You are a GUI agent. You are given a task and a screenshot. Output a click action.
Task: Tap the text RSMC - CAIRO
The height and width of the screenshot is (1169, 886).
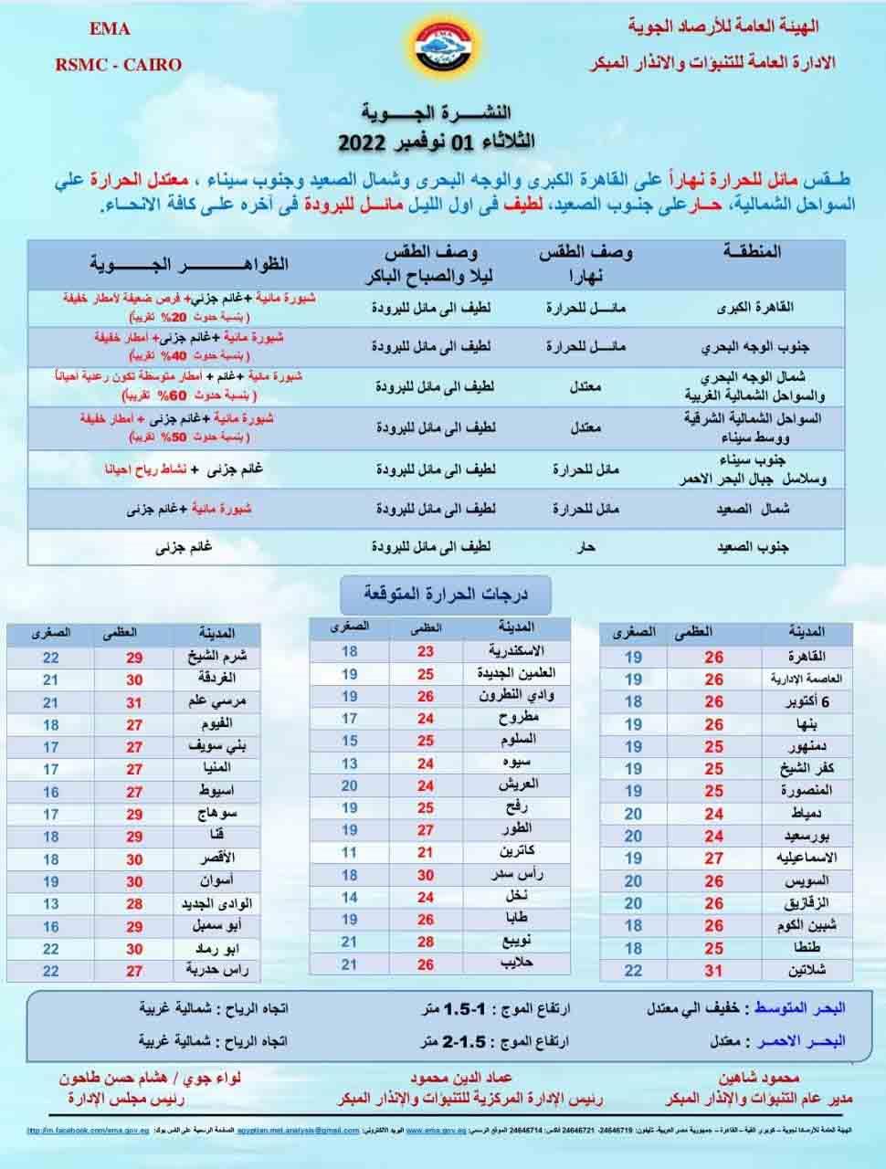coord(119,65)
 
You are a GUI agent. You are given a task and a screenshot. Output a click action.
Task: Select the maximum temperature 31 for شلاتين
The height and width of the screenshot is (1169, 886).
coord(713,971)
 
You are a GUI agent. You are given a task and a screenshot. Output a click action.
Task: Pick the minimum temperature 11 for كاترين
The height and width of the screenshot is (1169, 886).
coord(349,852)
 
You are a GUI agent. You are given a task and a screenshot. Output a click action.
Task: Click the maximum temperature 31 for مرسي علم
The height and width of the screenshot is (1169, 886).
coord(134,702)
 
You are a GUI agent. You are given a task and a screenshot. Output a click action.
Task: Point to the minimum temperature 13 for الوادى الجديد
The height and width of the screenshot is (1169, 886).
coord(50,903)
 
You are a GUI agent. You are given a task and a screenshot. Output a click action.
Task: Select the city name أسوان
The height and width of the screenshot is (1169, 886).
coord(218,881)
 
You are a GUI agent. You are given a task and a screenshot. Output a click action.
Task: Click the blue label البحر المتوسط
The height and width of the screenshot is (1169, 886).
coord(799,1008)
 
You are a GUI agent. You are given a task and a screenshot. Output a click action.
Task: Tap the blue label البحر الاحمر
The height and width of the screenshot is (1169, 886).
coord(801,1041)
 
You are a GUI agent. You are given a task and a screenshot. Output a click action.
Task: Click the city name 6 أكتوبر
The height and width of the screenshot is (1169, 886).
coord(808,701)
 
